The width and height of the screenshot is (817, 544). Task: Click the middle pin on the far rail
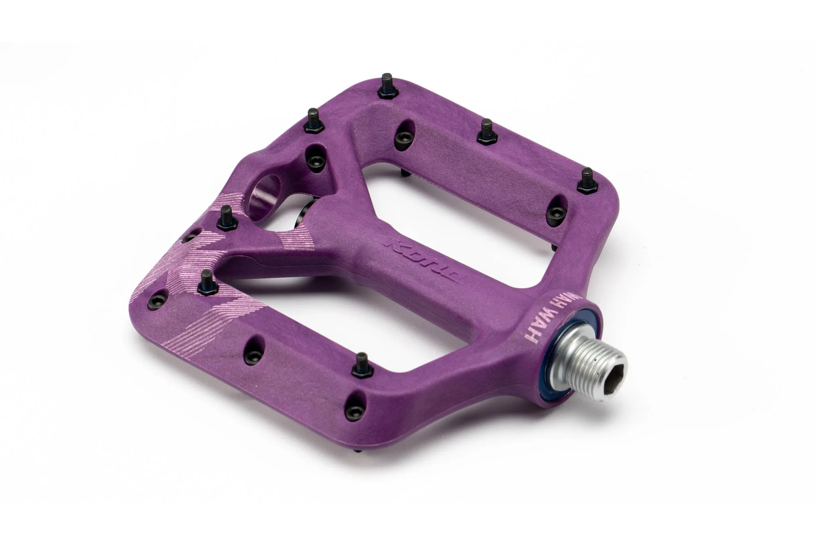[485, 131]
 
